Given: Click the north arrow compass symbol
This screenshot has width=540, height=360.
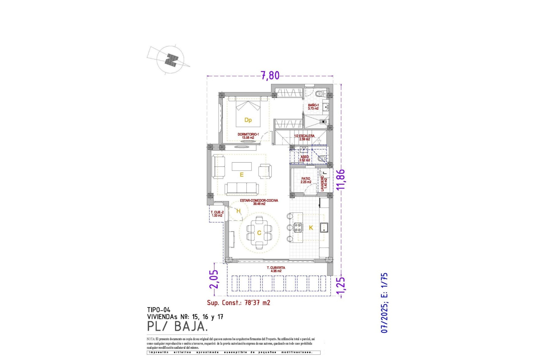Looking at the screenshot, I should (170, 60).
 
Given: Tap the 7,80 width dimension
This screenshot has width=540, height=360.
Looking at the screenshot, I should (270, 75).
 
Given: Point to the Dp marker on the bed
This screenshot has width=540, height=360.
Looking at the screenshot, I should (248, 120).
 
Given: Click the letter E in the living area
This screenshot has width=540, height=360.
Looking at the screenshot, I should (241, 175).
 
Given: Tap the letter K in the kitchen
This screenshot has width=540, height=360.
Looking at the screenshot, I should (311, 228).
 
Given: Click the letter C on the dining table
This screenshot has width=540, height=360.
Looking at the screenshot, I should (259, 233).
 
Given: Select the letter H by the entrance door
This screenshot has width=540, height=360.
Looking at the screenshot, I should (238, 211).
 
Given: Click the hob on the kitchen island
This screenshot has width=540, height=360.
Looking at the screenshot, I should (298, 227).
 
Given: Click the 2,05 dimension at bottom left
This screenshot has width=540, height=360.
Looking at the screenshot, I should (214, 279).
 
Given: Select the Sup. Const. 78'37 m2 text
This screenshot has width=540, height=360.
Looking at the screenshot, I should (238, 303).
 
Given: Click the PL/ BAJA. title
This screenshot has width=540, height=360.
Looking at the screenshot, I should (177, 327).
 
